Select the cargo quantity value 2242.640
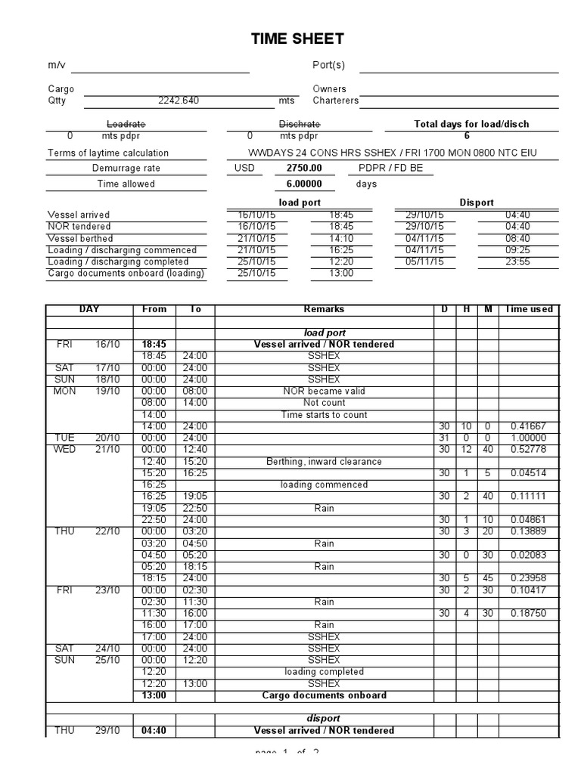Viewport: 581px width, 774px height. point(179,100)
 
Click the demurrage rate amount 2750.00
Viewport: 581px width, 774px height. point(303,168)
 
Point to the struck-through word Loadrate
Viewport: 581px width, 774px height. point(126,124)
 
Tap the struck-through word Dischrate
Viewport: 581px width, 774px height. point(300,124)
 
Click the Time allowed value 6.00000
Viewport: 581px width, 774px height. point(303,184)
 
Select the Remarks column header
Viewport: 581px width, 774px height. point(324,309)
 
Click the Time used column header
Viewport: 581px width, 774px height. point(528,309)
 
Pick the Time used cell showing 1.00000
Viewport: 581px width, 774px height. point(528,438)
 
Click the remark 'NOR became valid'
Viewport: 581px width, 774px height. point(324,392)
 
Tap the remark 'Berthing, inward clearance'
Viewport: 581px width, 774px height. point(324,461)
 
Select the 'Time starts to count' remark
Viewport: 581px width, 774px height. point(324,415)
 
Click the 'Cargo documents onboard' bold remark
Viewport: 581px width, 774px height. point(324,695)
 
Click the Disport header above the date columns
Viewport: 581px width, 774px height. point(477,203)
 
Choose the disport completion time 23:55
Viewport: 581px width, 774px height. point(518,262)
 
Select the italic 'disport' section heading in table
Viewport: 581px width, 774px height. point(324,718)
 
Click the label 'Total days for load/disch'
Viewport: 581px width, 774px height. point(471,124)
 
